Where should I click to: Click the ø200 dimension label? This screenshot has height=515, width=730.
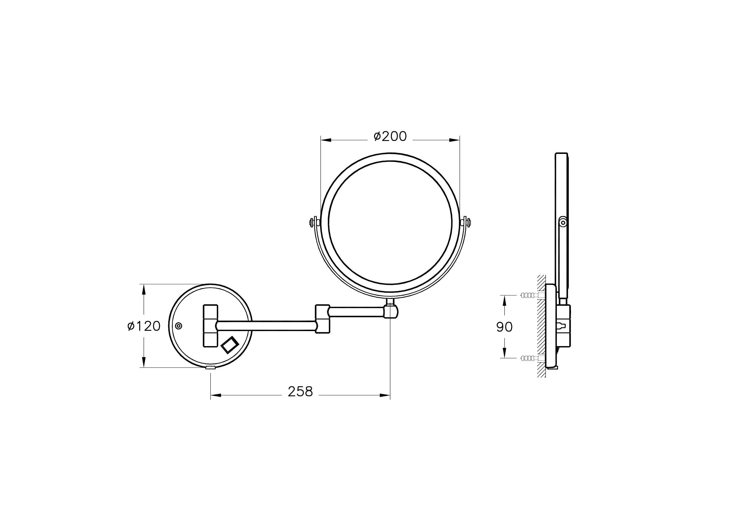[x=390, y=136]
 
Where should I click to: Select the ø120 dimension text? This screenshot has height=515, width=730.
[x=144, y=326]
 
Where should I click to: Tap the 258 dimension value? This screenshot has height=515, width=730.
[x=300, y=392]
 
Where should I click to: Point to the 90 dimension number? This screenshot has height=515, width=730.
[x=504, y=327]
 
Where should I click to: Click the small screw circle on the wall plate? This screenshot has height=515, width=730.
[x=179, y=326]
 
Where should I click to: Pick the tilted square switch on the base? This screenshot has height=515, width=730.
[x=230, y=345]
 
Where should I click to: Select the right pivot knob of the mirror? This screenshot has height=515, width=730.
[x=466, y=222]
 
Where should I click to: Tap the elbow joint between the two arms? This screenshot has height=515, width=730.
[x=323, y=319]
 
